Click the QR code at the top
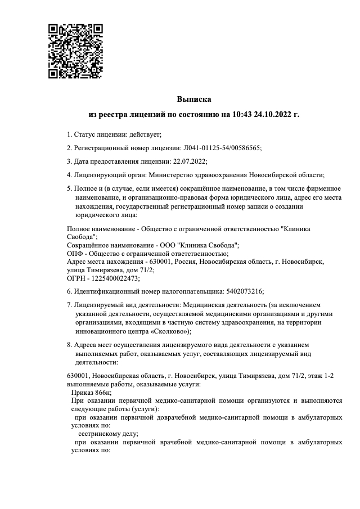pyautogui.click(x=75, y=51)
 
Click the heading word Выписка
pyautogui.click(x=194, y=100)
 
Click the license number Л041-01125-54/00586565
pyautogui.click(x=222, y=148)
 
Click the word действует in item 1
pyautogui.click(x=145, y=134)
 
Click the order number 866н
pyautogui.click(x=104, y=392)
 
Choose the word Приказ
pyautogui.click(x=83, y=392)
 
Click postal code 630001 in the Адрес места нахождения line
pyautogui.click(x=157, y=262)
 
